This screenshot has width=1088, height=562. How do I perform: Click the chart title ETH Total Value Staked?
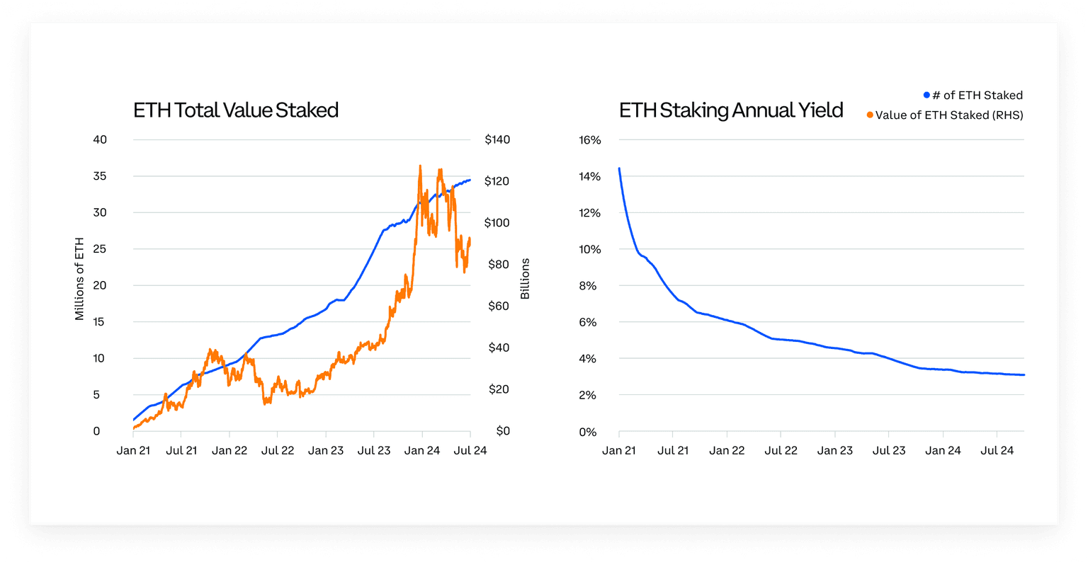pyautogui.click(x=236, y=110)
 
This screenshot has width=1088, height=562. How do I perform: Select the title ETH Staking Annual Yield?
pyautogui.click(x=731, y=110)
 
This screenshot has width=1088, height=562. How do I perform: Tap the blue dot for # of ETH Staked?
pyautogui.click(x=926, y=95)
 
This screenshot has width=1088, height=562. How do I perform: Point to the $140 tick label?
pyautogui.click(x=497, y=139)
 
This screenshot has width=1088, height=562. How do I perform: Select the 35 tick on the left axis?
pyautogui.click(x=100, y=176)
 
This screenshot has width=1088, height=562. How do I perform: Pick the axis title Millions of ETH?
pyautogui.click(x=79, y=279)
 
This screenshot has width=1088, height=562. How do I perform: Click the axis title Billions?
pyautogui.click(x=525, y=279)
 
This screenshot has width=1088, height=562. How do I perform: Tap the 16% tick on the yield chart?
pyautogui.click(x=590, y=140)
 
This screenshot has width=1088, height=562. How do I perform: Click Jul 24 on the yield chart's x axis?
pyautogui.click(x=997, y=451)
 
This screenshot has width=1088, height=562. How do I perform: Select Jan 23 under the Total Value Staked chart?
pyautogui.click(x=326, y=451)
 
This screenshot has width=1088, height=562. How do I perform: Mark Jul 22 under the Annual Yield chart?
pyautogui.click(x=781, y=451)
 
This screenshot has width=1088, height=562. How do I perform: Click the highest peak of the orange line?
pyautogui.click(x=420, y=166)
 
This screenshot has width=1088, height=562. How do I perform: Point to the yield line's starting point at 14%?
pyautogui.click(x=619, y=168)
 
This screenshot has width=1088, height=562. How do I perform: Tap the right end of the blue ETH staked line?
pyautogui.click(x=470, y=180)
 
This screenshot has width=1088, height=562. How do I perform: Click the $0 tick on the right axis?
pyautogui.click(x=502, y=431)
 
